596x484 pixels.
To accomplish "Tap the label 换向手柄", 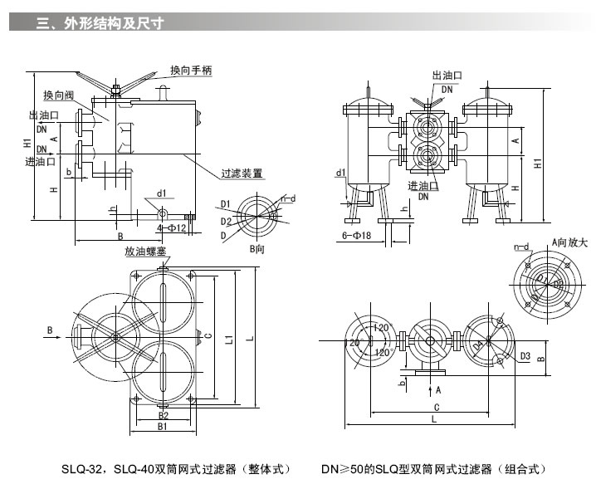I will [191, 71].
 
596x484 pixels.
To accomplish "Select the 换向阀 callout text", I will [59, 95].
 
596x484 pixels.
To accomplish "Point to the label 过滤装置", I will [242, 174].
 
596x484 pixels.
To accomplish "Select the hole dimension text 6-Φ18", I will [358, 235].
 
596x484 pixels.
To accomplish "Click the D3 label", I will [525, 356].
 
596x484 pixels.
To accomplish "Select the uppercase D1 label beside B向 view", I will [225, 203].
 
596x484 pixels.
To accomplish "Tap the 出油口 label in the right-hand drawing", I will [447, 76].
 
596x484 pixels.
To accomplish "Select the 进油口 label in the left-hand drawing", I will [40, 161].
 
